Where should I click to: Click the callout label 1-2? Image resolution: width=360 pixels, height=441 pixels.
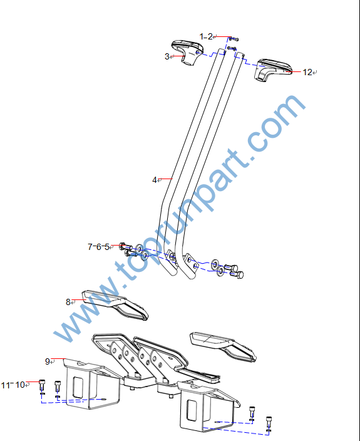tap(206, 36)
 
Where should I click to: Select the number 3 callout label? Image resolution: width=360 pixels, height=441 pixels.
tap(167, 56)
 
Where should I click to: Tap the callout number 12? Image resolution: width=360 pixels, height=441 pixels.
tap(307, 72)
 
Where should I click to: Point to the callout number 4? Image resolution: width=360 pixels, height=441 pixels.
tap(155, 180)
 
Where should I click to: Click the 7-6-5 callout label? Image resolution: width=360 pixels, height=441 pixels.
tap(98, 247)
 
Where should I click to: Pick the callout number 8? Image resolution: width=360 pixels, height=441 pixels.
tap(68, 302)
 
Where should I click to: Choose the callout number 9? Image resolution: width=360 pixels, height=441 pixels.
tap(48, 361)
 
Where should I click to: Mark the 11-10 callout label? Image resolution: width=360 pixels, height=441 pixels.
tap(13, 385)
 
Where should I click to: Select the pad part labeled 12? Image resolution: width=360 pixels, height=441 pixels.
tap(272, 70)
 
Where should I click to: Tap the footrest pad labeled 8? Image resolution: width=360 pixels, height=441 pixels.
tap(115, 305)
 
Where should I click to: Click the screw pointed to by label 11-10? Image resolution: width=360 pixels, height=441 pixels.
tap(41, 385)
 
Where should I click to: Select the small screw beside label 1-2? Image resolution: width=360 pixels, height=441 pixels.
tap(234, 39)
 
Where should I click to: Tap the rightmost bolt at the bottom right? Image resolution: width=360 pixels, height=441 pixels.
tap(269, 422)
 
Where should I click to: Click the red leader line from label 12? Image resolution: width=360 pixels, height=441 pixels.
tap(293, 72)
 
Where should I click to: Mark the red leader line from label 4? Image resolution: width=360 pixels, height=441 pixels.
tap(167, 179)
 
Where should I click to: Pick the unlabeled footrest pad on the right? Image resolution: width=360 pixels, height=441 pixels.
tap(224, 346)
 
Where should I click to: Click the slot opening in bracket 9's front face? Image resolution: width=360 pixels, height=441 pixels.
tap(78, 388)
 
